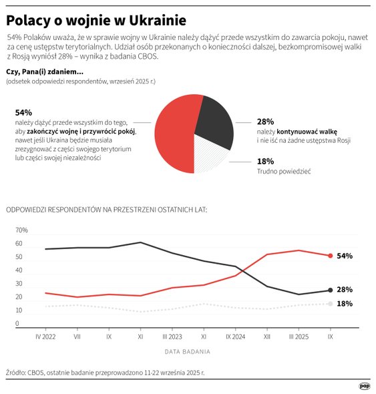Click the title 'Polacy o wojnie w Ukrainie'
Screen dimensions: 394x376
96,19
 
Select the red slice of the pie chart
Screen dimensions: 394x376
174,134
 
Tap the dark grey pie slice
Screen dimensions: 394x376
215,120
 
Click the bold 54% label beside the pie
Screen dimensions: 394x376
23,112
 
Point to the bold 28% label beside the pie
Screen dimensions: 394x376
265,122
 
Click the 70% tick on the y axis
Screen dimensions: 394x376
21,230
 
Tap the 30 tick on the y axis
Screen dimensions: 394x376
20,284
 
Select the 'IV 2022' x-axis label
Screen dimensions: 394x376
45,338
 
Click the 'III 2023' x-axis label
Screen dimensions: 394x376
172,338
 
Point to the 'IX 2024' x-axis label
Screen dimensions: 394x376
235,338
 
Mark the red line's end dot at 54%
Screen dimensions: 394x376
330,256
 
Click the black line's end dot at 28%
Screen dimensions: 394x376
330,290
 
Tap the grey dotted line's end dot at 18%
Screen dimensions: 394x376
330,304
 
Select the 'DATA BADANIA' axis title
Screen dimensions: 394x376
187,351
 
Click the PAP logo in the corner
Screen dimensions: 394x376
365,385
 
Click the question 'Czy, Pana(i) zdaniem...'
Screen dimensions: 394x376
44,71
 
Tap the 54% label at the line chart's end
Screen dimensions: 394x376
345,256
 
